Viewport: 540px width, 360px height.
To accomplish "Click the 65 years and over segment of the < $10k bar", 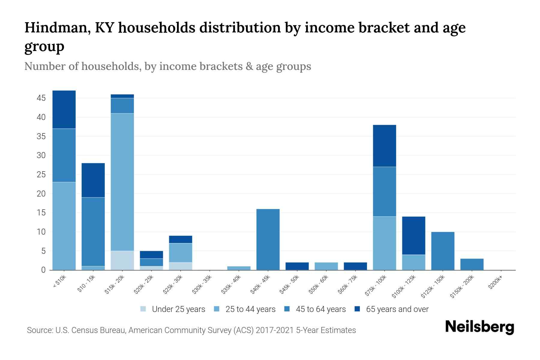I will [64, 109].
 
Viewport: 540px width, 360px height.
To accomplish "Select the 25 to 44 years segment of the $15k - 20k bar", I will [122, 182].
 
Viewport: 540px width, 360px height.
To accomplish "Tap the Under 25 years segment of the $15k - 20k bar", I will [122, 260].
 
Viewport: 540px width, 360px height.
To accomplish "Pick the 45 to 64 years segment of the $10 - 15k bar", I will [93, 232].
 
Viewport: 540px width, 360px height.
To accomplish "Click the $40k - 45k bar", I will [268, 239].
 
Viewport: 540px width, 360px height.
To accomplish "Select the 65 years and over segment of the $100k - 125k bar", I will [414, 235].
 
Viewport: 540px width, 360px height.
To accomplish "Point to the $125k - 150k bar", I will [443, 251].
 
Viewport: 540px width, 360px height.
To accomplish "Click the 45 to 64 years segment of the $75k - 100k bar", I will [384, 191].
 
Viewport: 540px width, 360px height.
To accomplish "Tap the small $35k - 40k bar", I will [239, 268].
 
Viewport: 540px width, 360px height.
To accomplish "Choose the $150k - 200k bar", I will [472, 264].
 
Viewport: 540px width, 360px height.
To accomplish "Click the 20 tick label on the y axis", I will [41, 194].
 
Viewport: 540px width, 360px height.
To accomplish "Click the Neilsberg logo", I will [479, 327].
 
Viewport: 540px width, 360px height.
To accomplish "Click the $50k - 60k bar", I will [326, 266].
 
